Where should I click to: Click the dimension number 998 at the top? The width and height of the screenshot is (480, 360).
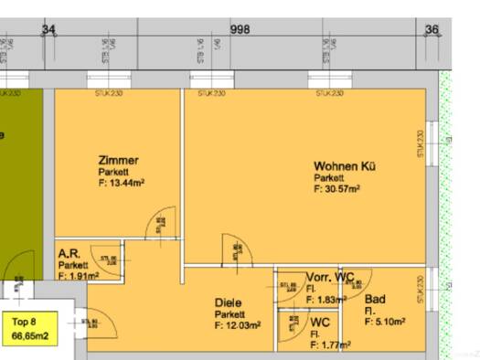[240, 29]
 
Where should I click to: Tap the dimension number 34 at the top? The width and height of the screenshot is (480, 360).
[48, 29]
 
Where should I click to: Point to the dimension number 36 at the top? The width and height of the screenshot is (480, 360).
[432, 29]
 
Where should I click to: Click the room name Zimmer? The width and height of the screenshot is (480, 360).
[118, 160]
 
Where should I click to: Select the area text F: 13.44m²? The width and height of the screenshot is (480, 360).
[122, 182]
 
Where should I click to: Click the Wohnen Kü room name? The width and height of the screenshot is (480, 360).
[345, 166]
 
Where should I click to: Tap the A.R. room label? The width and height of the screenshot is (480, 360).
[69, 253]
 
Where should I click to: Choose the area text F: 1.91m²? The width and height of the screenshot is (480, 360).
[78, 275]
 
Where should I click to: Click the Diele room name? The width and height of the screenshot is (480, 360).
[229, 302]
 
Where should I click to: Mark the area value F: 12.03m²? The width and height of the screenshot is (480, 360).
[238, 324]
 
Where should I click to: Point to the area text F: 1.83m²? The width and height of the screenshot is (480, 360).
[326, 300]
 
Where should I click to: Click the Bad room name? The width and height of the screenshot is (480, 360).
[374, 299]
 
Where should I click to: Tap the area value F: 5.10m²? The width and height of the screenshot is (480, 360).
[383, 321]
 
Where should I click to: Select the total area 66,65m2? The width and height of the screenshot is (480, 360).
[29, 336]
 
